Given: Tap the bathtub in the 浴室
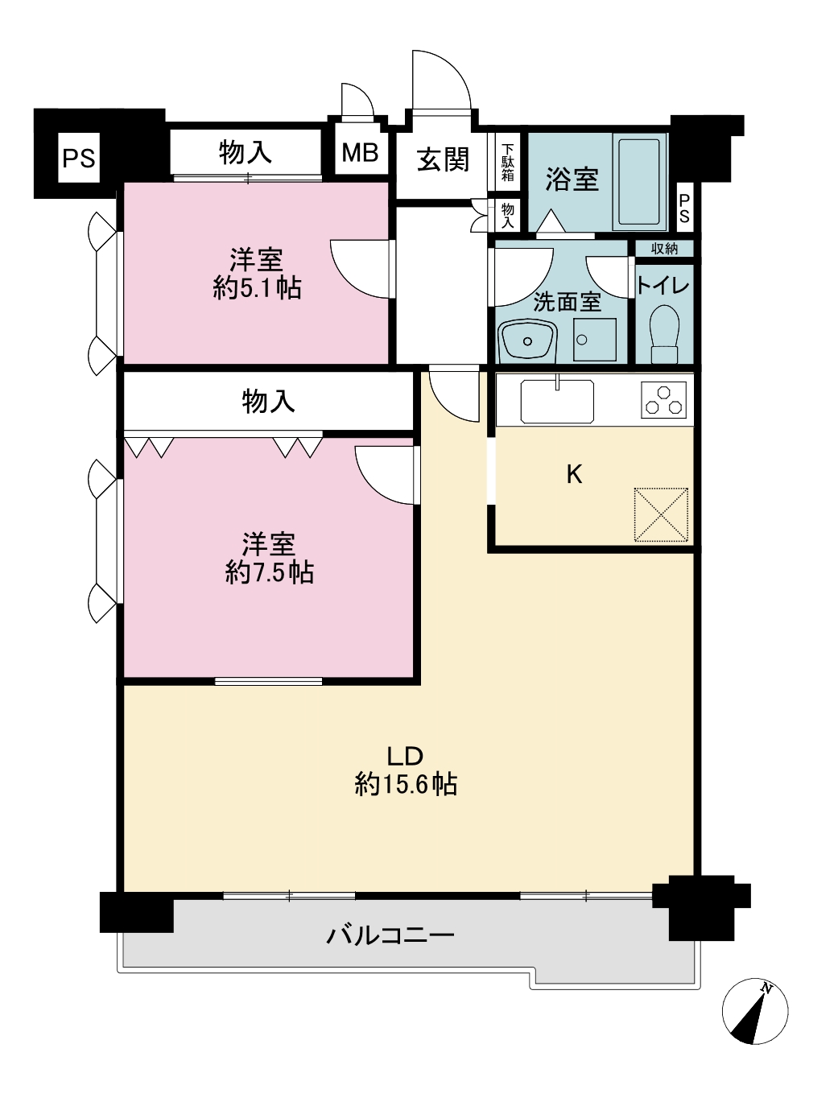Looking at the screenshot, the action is click(639, 182).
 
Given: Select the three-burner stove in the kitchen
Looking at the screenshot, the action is click(664, 399).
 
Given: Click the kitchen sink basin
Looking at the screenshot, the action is click(557, 402).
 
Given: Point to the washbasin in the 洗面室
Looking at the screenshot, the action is click(527, 340).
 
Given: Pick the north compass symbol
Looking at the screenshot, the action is click(754, 1011).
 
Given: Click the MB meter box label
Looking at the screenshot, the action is click(360, 152).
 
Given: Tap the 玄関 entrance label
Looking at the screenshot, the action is click(443, 159).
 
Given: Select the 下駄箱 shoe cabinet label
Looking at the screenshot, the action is click(507, 163).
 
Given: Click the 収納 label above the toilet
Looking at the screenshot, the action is click(664, 249).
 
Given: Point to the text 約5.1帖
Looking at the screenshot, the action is click(257, 289).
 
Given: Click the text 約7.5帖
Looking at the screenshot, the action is click(269, 573).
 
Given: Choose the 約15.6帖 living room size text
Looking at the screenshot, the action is click(406, 785).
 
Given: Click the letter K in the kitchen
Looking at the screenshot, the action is click(575, 474).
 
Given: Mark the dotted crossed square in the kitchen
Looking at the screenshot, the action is click(661, 514).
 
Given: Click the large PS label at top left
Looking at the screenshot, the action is click(79, 159).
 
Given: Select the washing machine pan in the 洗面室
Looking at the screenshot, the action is click(595, 340).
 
